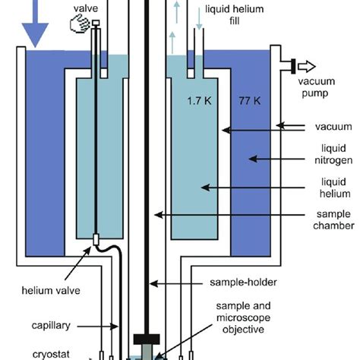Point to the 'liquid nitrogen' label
330,158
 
